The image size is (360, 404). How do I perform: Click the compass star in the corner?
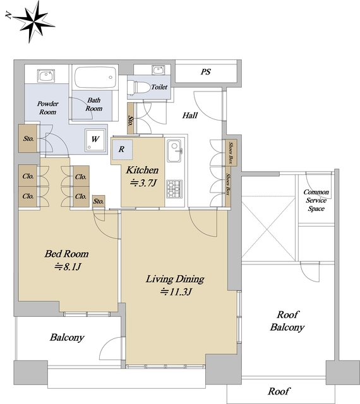coord(33,22)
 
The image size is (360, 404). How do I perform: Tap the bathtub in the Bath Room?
coord(95,77)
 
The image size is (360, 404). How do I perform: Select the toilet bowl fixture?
coord(139,87)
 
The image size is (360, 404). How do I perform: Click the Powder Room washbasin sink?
coord(46,76)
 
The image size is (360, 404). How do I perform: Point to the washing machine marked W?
coord(95,140)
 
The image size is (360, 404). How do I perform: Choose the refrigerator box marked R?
coord(122,149)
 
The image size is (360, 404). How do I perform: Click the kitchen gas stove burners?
coord(174,188)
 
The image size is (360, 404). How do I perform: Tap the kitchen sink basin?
coord(174,151)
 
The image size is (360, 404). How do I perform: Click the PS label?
coord(206,71)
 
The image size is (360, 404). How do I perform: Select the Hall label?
coord(190,115)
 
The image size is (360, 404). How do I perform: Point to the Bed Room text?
coord(66,254)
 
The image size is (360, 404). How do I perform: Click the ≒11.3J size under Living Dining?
coord(176,292)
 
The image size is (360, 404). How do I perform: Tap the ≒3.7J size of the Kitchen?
coord(143,183)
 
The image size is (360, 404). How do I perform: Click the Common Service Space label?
coord(316,200)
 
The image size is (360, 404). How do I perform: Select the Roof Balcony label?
coord(287,321)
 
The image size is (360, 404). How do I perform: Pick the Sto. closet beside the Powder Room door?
coord(28,138)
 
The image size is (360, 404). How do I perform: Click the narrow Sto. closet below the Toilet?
coord(131,118)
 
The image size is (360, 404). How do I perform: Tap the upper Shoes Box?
coord(231,153)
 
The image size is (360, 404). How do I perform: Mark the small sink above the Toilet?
coord(158,70)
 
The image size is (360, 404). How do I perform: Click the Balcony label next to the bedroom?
coord(67,337)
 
